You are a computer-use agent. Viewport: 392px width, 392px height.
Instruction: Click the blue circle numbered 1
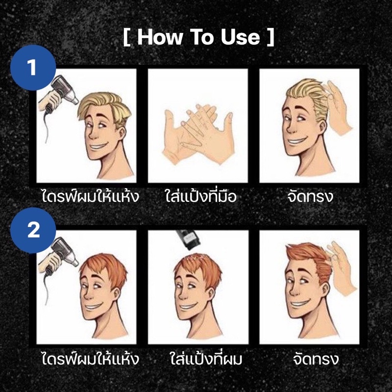coord(33,68)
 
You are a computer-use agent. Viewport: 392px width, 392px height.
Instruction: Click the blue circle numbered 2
coord(33,230)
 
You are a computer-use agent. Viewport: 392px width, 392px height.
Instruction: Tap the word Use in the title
coord(241,37)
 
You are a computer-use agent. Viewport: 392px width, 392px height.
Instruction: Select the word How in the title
coord(160,37)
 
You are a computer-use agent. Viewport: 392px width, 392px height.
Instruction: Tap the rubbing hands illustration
coord(198,134)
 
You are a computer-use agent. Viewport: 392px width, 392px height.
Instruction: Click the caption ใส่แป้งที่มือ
coord(201,196)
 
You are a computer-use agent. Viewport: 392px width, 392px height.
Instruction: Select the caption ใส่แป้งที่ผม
coord(206,359)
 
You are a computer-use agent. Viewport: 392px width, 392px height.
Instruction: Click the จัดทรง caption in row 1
coord(310,196)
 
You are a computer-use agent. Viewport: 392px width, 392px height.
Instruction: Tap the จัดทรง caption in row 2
coord(316,359)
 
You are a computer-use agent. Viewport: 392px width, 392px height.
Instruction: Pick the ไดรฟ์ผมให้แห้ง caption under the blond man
coord(90,196)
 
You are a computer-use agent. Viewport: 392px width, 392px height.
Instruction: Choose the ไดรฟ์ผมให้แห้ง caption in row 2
coord(90,359)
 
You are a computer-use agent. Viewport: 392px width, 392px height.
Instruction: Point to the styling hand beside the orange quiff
coord(341,270)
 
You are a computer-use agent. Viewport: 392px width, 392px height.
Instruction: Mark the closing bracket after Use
coord(271,37)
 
